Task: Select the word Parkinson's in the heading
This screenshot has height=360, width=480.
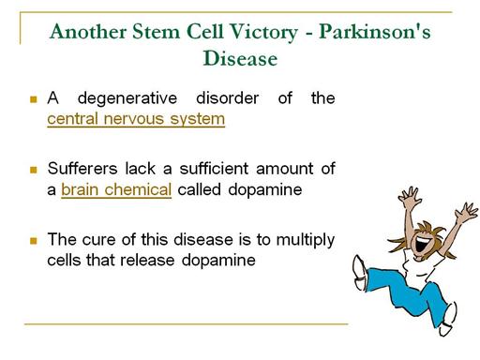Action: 374,32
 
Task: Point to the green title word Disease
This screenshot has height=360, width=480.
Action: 240,58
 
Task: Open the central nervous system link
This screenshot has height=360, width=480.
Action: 136,119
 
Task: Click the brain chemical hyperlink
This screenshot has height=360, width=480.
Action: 116,189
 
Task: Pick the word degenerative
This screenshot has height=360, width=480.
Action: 127,99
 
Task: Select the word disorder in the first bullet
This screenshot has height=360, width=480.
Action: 227,98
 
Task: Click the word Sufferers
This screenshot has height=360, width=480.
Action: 82,169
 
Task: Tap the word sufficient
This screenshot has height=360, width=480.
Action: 214,169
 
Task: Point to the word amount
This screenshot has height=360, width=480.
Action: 284,169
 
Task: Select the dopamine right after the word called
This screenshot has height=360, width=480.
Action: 265,190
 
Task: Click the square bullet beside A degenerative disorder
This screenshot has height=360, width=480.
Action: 34,99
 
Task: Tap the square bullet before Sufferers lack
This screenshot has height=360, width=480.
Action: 34,170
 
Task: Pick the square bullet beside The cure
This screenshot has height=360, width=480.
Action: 34,241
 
